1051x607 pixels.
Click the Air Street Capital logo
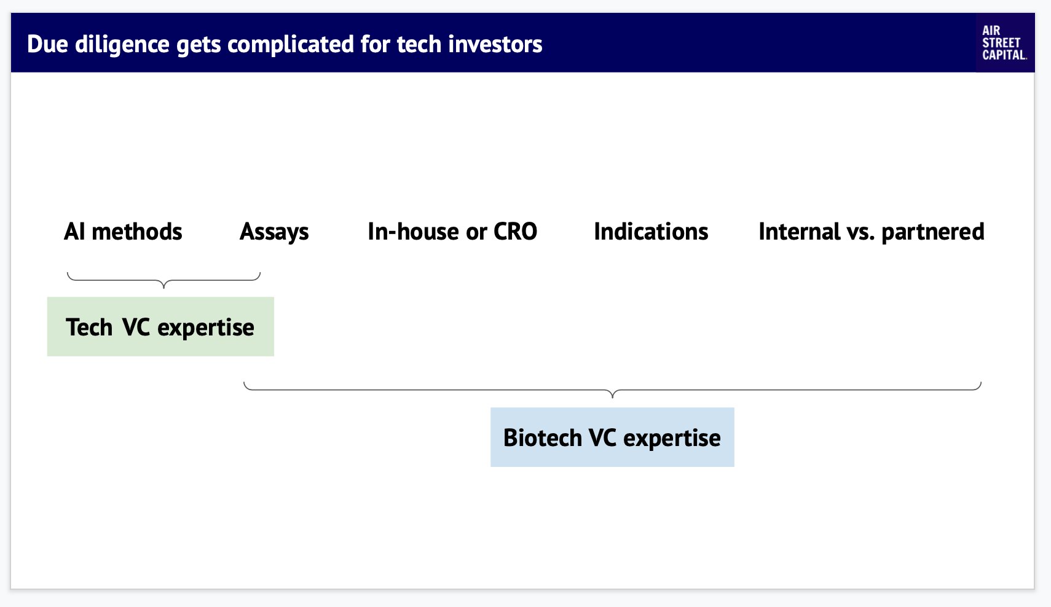pyautogui.click(x=1004, y=42)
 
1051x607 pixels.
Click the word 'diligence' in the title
pyautogui.click(x=122, y=45)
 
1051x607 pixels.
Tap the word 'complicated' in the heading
pyautogui.click(x=291, y=45)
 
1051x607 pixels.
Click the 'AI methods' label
pyautogui.click(x=123, y=231)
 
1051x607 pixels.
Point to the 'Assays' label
pyautogui.click(x=274, y=232)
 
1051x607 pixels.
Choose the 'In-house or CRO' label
pyautogui.click(x=452, y=231)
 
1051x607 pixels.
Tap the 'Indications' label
pyautogui.click(x=651, y=231)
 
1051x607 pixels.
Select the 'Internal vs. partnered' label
pyautogui.click(x=872, y=232)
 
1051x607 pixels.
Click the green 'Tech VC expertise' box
pyautogui.click(x=160, y=326)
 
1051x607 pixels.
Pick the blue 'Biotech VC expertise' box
pyautogui.click(x=612, y=437)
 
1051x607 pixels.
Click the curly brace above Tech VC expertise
pyautogui.click(x=163, y=281)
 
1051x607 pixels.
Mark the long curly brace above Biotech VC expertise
pyautogui.click(x=612, y=390)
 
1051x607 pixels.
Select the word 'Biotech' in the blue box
pyautogui.click(x=542, y=437)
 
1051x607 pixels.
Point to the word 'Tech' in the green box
pyautogui.click(x=89, y=327)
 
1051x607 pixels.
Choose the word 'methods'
pyautogui.click(x=137, y=231)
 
